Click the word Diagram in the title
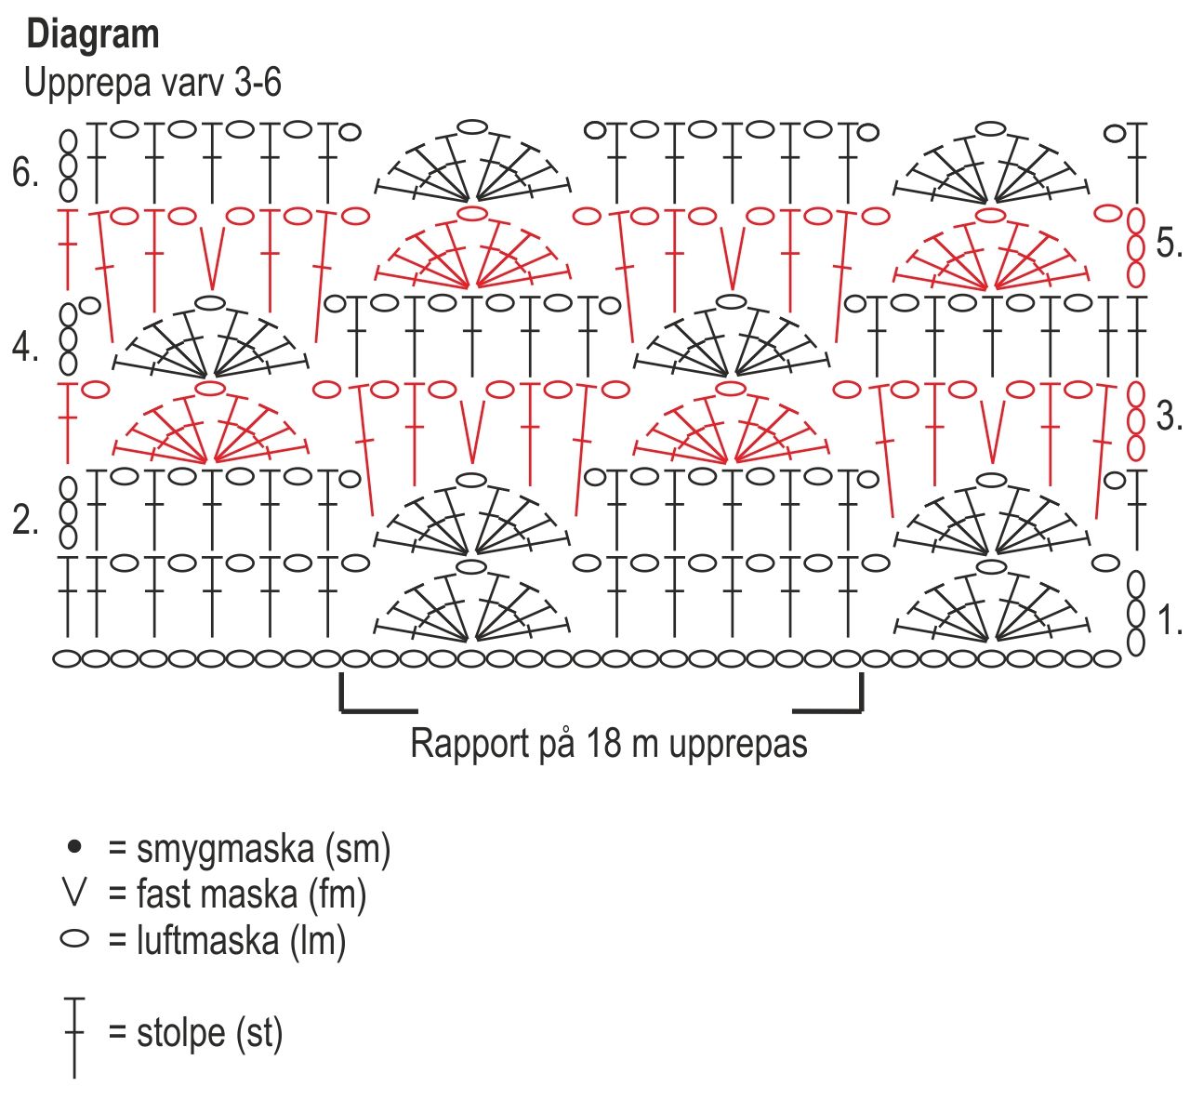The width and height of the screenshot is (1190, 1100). (93, 35)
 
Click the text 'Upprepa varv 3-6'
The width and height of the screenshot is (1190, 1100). (152, 83)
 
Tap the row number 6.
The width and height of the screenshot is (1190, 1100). (25, 172)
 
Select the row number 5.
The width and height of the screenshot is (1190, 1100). (1168, 244)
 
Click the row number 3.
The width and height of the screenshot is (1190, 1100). (1168, 416)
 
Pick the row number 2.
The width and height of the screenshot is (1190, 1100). (25, 521)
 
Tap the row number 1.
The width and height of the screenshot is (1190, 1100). (1168, 620)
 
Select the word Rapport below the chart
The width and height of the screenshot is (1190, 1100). (469, 744)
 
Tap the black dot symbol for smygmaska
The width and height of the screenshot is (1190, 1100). (73, 846)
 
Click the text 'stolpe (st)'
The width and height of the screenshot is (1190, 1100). (209, 1032)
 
